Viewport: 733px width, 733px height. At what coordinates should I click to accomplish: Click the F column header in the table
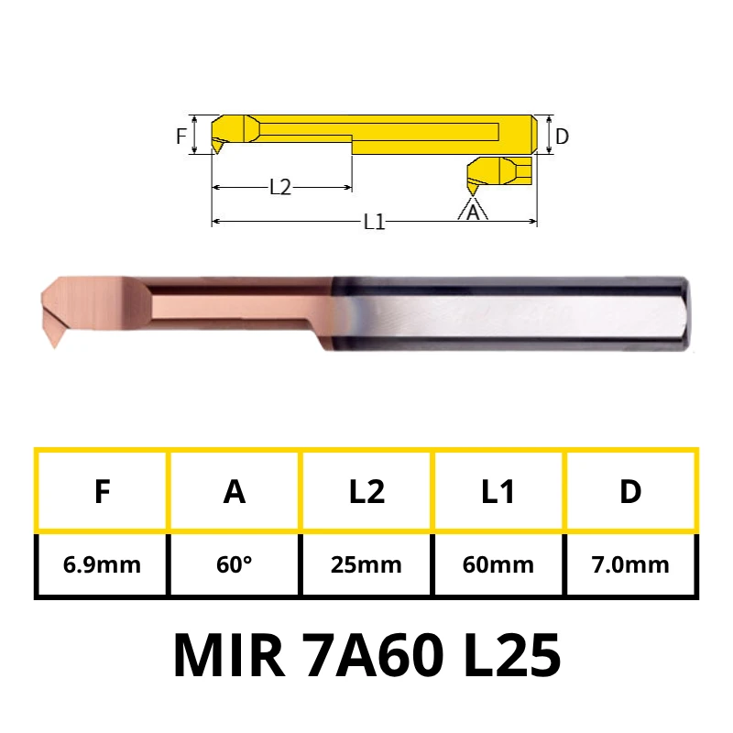[102, 491]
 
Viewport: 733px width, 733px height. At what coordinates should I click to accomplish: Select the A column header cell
[235, 491]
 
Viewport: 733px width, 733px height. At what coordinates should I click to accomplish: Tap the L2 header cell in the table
[366, 491]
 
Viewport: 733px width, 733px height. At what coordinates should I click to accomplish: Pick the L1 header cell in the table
[498, 491]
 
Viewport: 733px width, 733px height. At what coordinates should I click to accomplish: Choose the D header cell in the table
[630, 491]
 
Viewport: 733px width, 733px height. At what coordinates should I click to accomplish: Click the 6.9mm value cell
[102, 564]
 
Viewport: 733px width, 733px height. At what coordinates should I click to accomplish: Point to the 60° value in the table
[235, 564]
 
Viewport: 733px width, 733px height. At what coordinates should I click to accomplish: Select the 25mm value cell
[366, 564]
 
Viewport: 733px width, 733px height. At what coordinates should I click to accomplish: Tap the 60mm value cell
[498, 564]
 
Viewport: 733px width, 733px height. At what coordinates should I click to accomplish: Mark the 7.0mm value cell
[630, 564]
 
